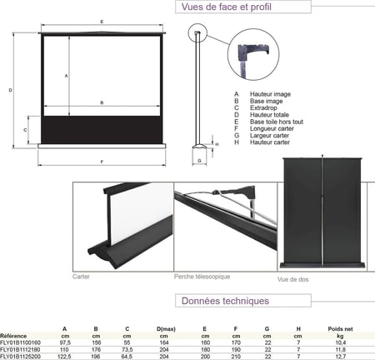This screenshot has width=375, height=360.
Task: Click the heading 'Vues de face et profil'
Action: [226, 7]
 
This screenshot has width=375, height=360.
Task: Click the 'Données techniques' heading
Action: [225, 301]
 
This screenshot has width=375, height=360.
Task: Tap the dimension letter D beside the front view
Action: [10, 90]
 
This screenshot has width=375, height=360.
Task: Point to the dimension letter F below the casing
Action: [102, 162]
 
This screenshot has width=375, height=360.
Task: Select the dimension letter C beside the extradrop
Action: [25, 130]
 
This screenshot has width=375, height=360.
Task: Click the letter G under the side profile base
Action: [199, 161]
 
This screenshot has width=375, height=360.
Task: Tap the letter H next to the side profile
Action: [217, 144]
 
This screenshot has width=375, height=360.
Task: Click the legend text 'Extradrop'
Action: [263, 107]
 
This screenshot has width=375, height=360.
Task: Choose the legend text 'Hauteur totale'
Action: [269, 115]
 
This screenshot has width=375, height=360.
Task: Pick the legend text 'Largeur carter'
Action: [269, 136]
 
